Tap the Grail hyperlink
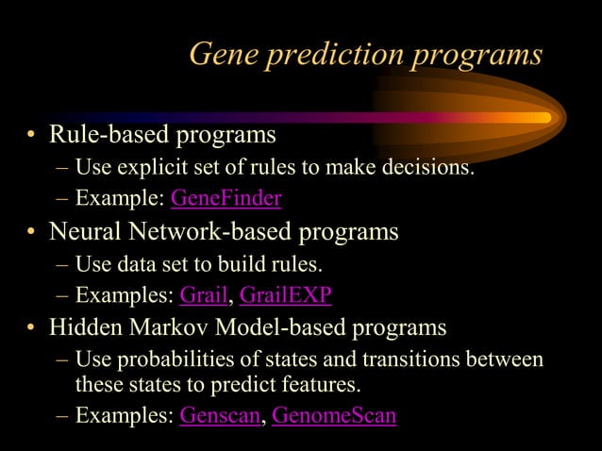tap(204, 295)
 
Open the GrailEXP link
tap(285, 295)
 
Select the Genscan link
tap(219, 416)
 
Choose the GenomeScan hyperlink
tap(333, 416)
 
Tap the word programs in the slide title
tap(476, 54)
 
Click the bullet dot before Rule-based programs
tap(31, 138)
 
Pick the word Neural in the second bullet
tap(86, 231)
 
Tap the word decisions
tap(426, 169)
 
